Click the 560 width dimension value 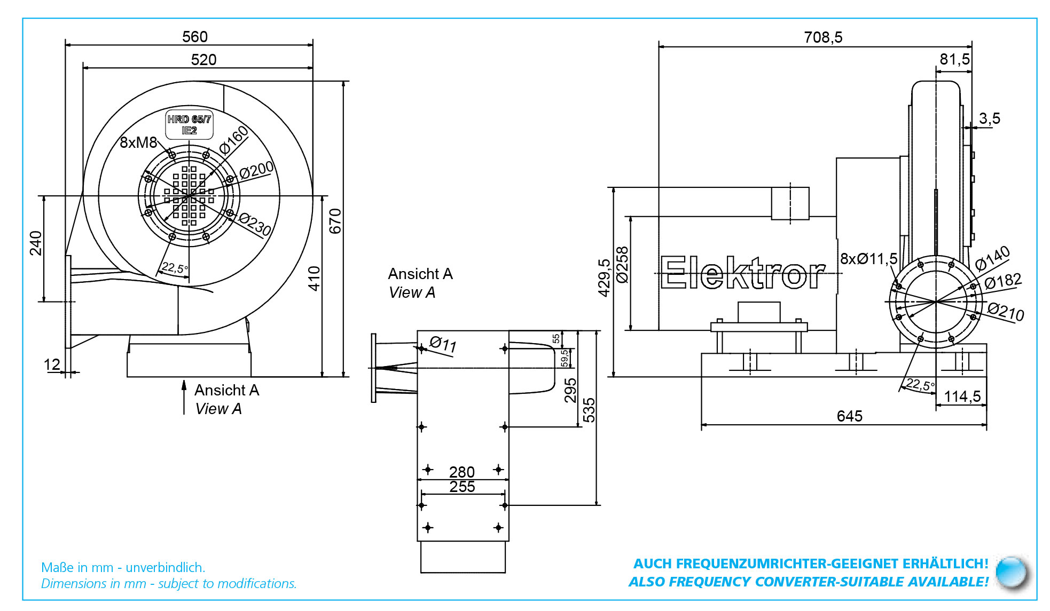[x=194, y=37]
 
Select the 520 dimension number [x=203, y=60]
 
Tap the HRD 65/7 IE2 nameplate [x=189, y=125]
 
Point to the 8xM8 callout [x=138, y=142]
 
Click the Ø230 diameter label [x=255, y=224]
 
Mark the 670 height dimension [x=335, y=221]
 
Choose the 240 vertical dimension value [x=36, y=243]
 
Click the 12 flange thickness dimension [x=52, y=364]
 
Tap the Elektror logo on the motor [x=743, y=273]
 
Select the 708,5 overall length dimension [x=823, y=37]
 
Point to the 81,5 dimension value [x=954, y=59]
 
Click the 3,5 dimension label [x=989, y=118]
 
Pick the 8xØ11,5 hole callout [x=868, y=259]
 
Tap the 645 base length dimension [x=850, y=416]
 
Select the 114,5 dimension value [x=962, y=396]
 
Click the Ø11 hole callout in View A [x=443, y=344]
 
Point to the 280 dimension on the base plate [x=462, y=472]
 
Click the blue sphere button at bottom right [x=1012, y=573]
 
